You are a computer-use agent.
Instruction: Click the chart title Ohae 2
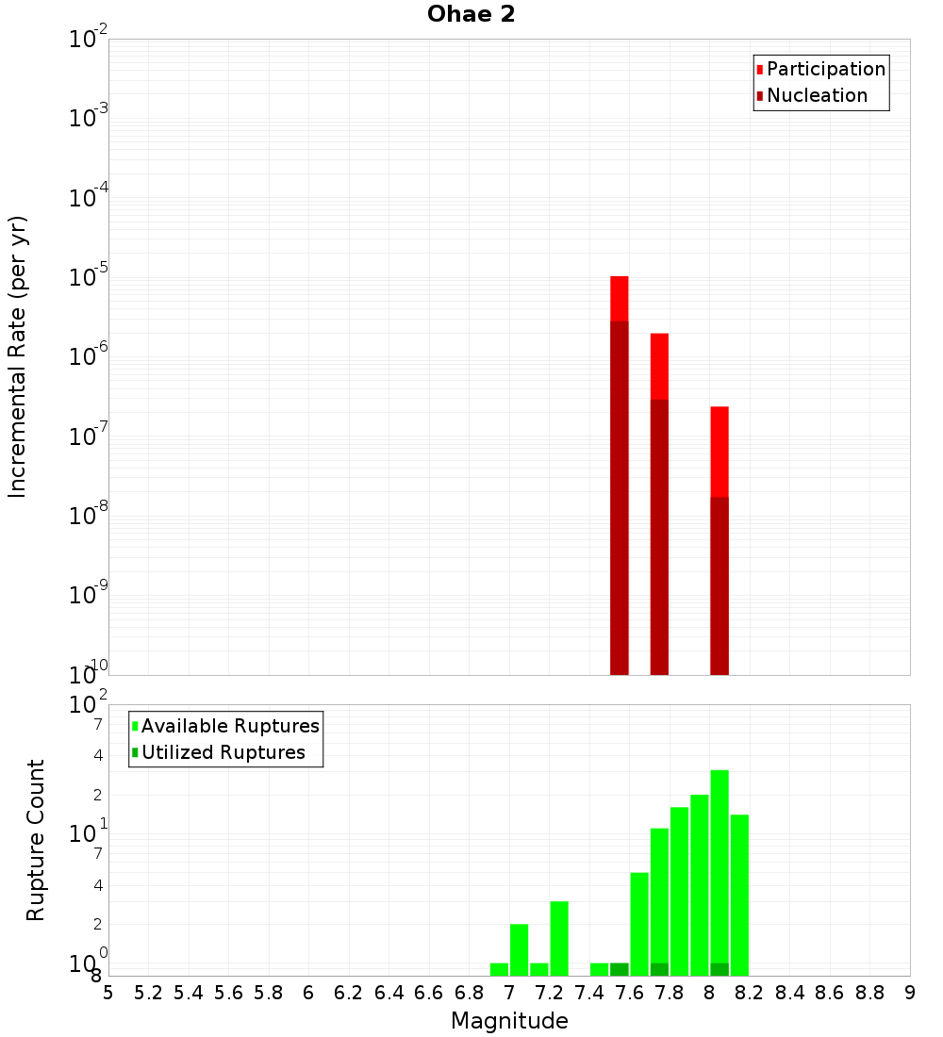(471, 15)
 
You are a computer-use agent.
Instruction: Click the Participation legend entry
(826, 69)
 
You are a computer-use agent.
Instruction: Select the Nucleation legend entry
(817, 95)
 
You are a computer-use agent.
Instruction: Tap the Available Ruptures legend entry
(230, 726)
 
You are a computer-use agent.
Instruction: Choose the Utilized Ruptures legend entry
(223, 752)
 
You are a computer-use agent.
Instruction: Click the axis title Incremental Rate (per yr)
(18, 357)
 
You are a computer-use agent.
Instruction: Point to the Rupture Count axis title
(36, 840)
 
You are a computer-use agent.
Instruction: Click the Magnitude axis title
(509, 1021)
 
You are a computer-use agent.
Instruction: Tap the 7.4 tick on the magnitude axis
(589, 994)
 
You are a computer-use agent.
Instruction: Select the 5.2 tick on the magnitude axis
(148, 994)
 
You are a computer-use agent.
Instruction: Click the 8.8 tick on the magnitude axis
(869, 994)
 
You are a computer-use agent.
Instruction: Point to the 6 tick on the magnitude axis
(308, 994)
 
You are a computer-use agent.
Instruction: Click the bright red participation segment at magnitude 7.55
(620, 298)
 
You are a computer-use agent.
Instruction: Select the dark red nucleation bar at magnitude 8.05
(720, 584)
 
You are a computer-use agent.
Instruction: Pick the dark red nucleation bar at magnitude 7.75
(659, 537)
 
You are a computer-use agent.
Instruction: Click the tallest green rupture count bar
(720, 867)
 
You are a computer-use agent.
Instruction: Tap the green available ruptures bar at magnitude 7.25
(559, 938)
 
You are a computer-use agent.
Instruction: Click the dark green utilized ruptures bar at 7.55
(620, 969)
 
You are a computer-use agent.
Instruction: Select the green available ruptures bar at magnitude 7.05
(519, 949)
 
